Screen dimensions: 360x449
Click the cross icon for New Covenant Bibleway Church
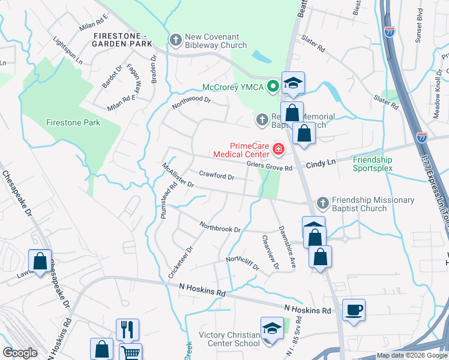coord(176,40)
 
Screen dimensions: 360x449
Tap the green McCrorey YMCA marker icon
coord(273,86)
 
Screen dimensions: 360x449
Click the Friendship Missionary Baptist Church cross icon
coord(323,203)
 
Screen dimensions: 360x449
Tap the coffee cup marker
coord(354,310)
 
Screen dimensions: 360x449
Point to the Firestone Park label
coord(73,122)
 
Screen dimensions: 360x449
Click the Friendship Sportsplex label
coord(372,164)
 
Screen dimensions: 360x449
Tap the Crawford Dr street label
coord(216,176)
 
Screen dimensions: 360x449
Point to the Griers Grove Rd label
coord(268,168)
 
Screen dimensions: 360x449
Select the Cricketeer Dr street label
coord(181,262)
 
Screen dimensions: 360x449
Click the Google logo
coord(20,353)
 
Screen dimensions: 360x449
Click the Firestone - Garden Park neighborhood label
coord(122,40)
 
